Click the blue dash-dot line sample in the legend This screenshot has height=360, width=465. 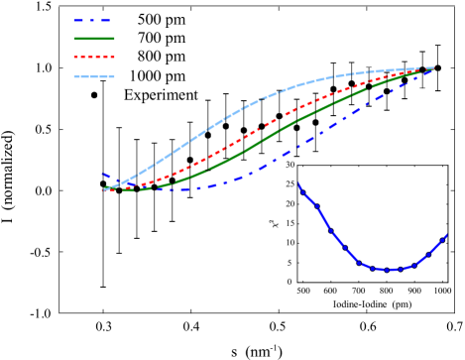tap(92, 20)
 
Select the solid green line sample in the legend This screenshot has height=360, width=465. tap(94, 39)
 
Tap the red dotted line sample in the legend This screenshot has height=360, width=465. tap(94, 58)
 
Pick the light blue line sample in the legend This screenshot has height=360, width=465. tap(94, 76)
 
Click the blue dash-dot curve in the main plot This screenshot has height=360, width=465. tap(288, 153)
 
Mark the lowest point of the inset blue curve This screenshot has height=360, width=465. tap(389, 270)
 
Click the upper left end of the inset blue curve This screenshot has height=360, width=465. tap(298, 183)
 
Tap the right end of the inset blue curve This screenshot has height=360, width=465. tap(447, 235)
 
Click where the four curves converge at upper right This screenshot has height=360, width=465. tap(431, 68)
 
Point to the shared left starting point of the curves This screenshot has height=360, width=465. tap(104, 189)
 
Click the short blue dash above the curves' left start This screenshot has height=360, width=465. tap(105, 176)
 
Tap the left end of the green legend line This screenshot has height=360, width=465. tap(75, 39)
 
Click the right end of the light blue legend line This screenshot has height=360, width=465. tap(113, 76)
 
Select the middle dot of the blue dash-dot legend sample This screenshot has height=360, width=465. tap(92, 20)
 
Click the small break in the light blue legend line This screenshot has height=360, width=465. tap(90, 76)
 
